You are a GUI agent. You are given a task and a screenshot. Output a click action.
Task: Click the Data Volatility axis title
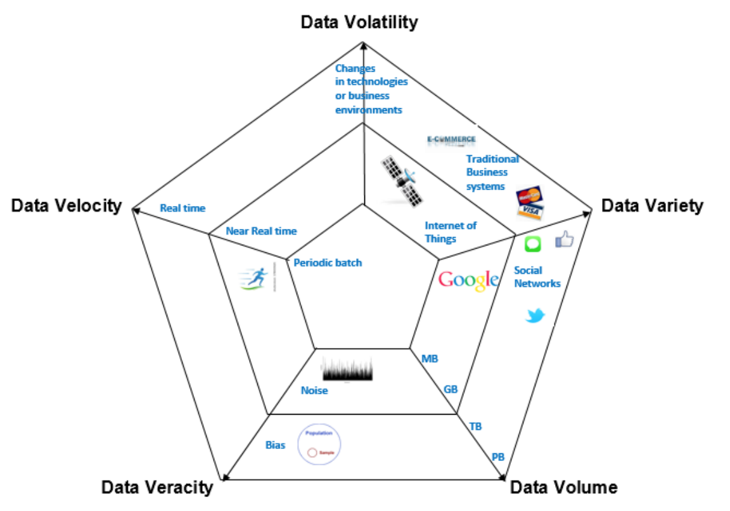[359, 22]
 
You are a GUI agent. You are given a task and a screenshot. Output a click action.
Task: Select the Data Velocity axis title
[66, 205]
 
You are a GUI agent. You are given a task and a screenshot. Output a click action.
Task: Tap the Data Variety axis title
[652, 205]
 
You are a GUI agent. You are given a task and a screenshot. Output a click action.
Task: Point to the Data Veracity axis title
[157, 487]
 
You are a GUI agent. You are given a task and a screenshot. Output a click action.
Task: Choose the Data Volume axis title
[563, 487]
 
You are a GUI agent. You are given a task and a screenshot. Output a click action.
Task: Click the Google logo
[468, 280]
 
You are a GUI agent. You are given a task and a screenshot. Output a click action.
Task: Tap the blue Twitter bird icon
[535, 314]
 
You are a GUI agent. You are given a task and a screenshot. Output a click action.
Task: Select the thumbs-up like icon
[563, 240]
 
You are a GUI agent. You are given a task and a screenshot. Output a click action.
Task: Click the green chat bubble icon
[532, 243]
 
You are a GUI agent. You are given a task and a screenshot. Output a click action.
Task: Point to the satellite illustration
[401, 180]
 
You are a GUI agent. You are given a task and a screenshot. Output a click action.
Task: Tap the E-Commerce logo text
[451, 139]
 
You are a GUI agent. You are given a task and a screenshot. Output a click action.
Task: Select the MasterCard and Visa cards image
[529, 202]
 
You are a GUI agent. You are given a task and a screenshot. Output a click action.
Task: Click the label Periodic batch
[328, 262]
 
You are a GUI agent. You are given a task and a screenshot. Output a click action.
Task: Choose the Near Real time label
[261, 231]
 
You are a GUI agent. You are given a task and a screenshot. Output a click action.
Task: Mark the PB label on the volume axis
[498, 456]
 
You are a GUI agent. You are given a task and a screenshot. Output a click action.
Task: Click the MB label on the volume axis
[430, 359]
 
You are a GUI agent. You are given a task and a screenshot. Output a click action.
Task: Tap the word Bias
[275, 445]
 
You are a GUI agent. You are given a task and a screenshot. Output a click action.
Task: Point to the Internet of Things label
[451, 232]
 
